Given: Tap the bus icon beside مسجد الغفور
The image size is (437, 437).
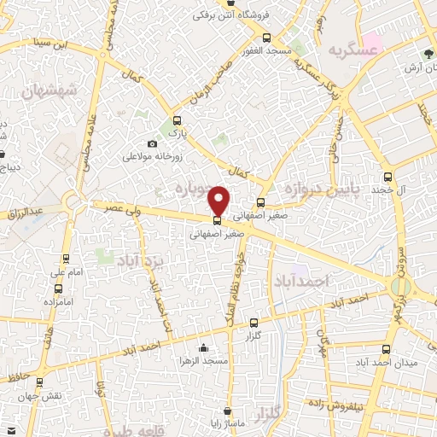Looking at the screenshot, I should (x=267, y=38).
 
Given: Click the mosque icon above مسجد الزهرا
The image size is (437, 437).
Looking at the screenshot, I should (x=202, y=348).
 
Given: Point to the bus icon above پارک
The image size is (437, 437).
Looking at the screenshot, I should (x=177, y=121).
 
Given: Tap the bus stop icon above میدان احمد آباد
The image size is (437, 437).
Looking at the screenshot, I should (x=387, y=348).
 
